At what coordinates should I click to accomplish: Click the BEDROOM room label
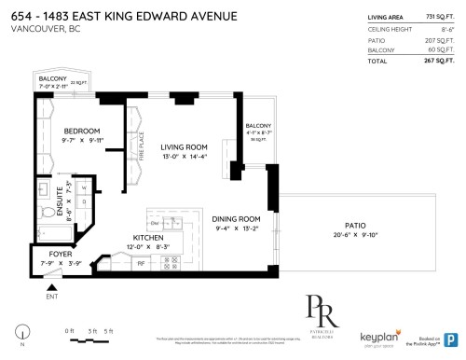coord(82,131)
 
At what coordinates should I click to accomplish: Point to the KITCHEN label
coord(149,237)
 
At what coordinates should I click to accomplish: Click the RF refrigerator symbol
coord(140,263)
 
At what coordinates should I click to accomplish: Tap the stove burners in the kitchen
coord(171,264)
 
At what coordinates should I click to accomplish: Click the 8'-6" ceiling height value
coord(447,28)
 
